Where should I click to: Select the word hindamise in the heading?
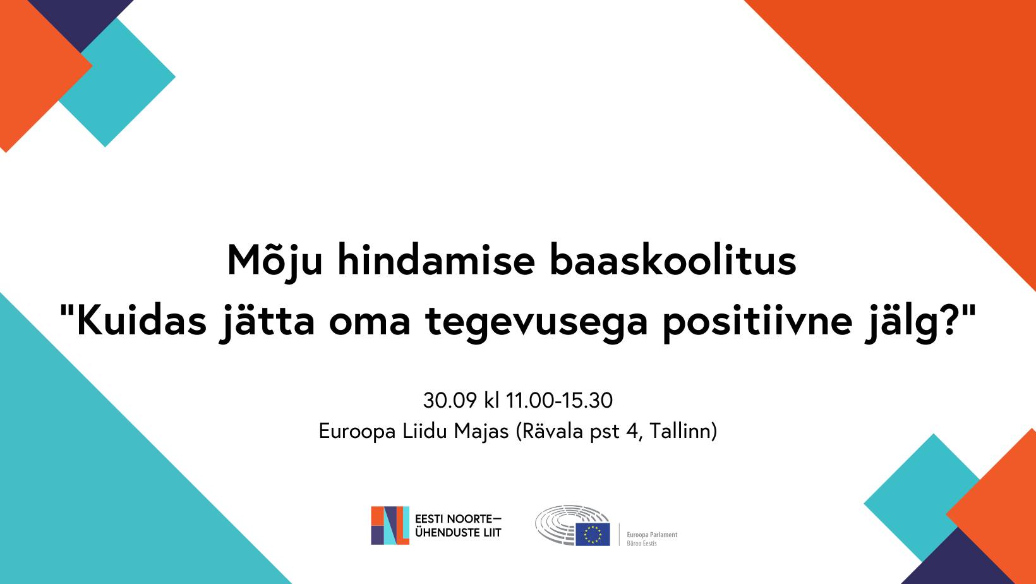(x=436, y=260)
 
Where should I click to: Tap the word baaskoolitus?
(x=673, y=260)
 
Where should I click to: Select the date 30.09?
(x=450, y=400)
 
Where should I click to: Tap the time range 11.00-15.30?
(x=559, y=400)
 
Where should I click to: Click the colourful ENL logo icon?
(x=390, y=525)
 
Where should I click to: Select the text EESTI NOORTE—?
(x=458, y=519)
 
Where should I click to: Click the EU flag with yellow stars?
(x=593, y=534)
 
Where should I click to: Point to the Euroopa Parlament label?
(x=652, y=535)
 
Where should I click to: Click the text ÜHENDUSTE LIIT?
(x=458, y=533)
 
